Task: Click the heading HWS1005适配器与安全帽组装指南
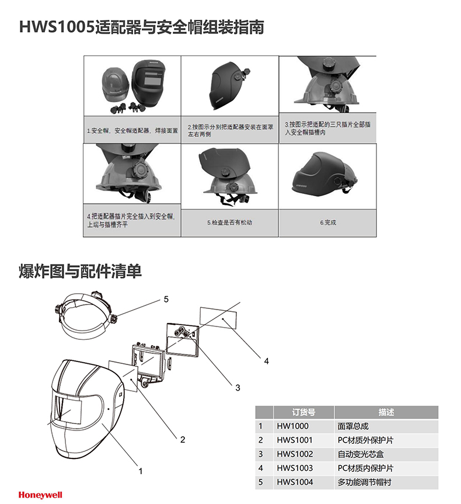click(x=142, y=27)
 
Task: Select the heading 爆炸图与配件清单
click(x=81, y=272)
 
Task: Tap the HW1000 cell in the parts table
click(x=292, y=426)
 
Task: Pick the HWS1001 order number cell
click(x=295, y=440)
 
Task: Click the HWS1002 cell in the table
click(x=295, y=454)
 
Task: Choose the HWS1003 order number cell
click(x=295, y=468)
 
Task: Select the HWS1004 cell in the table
click(x=295, y=482)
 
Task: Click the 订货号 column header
click(x=303, y=412)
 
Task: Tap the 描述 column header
click(x=386, y=412)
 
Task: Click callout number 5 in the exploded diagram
click(x=166, y=299)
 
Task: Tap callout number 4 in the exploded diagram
click(x=266, y=362)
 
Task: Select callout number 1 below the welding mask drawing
click(x=140, y=470)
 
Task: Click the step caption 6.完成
click(x=328, y=223)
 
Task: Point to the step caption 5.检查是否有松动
click(x=229, y=223)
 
